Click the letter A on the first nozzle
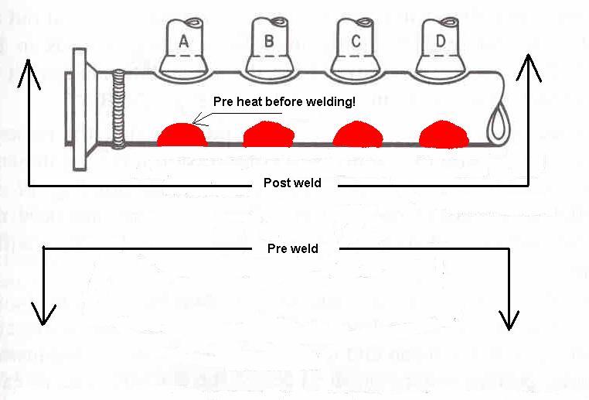click(184, 43)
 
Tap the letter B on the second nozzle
click(269, 43)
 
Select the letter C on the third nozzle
click(355, 43)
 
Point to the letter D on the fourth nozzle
click(440, 43)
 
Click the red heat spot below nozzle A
click(182, 135)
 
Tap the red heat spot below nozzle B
click(268, 135)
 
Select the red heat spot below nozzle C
click(359, 135)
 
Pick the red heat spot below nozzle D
click(445, 135)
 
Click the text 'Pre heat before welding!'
click(284, 101)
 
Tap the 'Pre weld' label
click(292, 248)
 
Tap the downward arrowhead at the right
click(509, 318)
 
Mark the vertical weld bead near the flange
click(121, 108)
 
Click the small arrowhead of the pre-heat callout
click(196, 119)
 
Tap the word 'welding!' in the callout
click(332, 101)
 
